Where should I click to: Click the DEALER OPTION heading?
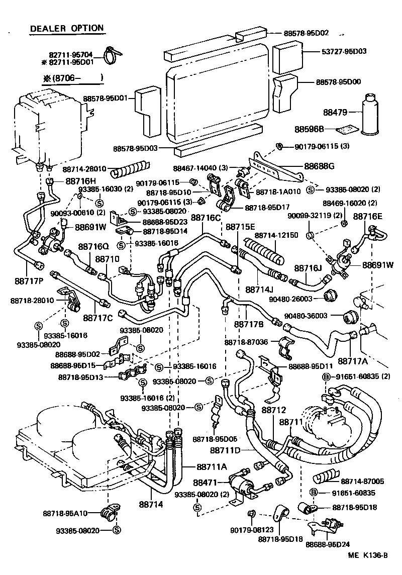pos(67,29)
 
